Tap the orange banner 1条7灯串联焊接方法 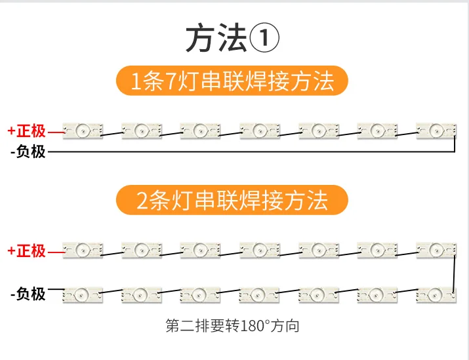click(x=232, y=81)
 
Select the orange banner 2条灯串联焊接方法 click(x=232, y=200)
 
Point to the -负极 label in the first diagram click(x=28, y=152)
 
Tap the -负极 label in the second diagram click(x=28, y=293)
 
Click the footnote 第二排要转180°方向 click(x=232, y=325)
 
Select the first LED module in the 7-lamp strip click(x=83, y=130)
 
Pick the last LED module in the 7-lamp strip click(x=436, y=130)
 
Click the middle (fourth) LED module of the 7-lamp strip click(x=260, y=130)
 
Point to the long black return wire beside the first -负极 click(x=249, y=152)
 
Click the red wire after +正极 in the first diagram click(x=56, y=131)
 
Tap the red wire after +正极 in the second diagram click(x=56, y=250)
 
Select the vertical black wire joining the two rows click(x=455, y=272)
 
